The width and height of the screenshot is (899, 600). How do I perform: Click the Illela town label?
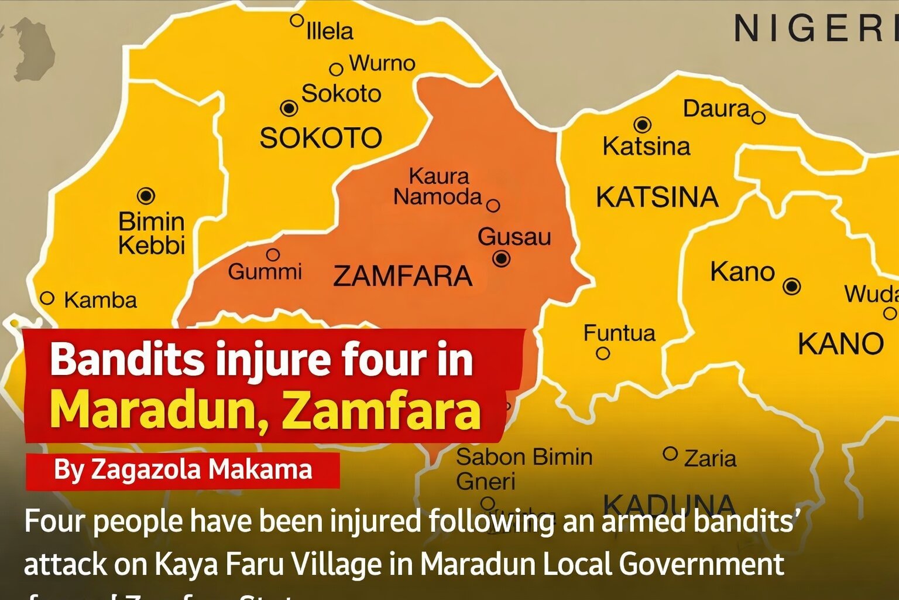click(x=330, y=31)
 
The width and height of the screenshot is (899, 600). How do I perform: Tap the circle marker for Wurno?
click(x=336, y=69)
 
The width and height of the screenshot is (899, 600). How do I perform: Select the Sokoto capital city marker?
click(x=289, y=108)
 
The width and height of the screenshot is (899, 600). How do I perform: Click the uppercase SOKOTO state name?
click(x=321, y=138)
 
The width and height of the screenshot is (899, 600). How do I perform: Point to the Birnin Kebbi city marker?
click(x=146, y=196)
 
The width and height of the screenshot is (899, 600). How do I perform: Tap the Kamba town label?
click(x=100, y=301)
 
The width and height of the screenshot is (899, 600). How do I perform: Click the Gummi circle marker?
click(x=273, y=255)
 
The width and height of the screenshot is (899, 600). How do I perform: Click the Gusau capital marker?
click(x=502, y=258)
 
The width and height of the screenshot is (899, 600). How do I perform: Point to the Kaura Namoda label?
click(x=438, y=186)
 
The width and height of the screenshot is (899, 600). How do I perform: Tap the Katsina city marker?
click(x=643, y=124)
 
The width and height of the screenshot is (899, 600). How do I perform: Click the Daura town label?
click(x=716, y=109)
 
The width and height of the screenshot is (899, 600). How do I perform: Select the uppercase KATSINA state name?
click(x=657, y=197)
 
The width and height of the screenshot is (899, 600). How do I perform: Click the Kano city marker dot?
click(x=792, y=286)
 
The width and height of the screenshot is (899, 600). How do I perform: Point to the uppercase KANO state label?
click(x=840, y=344)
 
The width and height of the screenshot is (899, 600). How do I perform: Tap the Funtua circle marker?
click(x=603, y=353)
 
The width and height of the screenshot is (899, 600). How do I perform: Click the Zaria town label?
click(x=710, y=458)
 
